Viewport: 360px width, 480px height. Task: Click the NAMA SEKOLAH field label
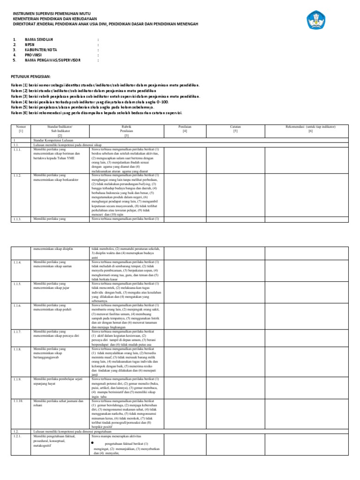coord(39,40)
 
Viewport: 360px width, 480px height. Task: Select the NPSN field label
coord(30,45)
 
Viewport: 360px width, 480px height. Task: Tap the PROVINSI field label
coord(34,55)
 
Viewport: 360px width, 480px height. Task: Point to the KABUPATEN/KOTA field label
coord(41,50)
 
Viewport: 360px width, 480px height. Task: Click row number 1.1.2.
coord(18,175)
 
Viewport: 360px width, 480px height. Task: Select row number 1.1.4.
coord(18,262)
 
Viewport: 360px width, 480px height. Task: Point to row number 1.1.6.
coord(18,306)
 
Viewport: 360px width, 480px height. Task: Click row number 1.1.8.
coord(18,349)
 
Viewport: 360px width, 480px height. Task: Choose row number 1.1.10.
coord(19,401)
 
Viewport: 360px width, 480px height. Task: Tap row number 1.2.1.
coord(18,436)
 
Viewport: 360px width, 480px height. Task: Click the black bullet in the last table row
coord(93,442)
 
